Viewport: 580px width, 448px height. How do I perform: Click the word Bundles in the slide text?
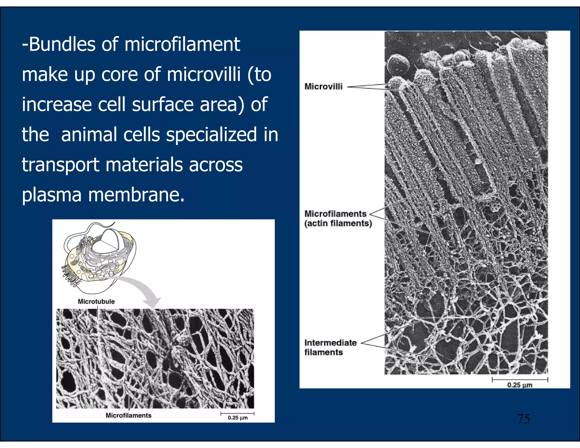point(62,44)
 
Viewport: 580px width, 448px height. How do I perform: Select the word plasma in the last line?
point(52,195)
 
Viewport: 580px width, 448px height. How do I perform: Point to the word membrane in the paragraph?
point(136,195)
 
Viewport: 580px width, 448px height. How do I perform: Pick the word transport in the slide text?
point(60,165)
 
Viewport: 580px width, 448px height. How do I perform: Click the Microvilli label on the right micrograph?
point(323,86)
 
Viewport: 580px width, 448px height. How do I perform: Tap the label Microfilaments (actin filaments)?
point(338,218)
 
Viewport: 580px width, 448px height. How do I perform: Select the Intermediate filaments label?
point(330,347)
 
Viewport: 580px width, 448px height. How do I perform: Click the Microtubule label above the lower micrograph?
point(96,301)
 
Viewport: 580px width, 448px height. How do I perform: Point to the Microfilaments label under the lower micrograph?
point(128,415)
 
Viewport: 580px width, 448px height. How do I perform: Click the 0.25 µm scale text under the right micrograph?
point(520,385)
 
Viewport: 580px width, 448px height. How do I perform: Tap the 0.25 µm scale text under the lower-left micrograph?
point(238,418)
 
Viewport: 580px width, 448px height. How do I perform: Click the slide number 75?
point(523,419)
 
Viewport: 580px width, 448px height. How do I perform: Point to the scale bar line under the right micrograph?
point(520,379)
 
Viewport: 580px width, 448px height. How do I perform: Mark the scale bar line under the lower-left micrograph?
point(237,413)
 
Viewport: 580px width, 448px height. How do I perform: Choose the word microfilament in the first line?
point(182,44)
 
